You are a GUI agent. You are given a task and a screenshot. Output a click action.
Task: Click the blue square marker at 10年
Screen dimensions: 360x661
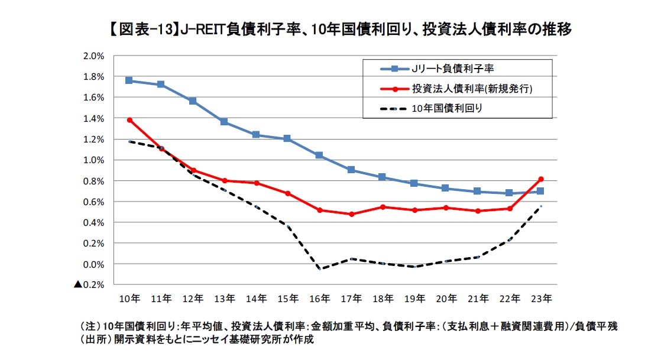pyautogui.click(x=129, y=80)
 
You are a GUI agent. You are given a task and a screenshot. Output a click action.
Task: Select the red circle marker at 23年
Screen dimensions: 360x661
pyautogui.click(x=540, y=179)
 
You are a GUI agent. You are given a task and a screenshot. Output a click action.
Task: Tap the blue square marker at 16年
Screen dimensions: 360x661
pyautogui.click(x=319, y=155)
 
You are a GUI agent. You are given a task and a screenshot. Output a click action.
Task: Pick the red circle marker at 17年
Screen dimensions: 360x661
pyautogui.click(x=351, y=214)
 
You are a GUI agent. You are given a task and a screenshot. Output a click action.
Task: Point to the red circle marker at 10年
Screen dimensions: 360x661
pyautogui.click(x=129, y=120)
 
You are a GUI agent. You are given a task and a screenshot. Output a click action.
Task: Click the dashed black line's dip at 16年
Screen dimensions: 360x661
pyautogui.click(x=319, y=268)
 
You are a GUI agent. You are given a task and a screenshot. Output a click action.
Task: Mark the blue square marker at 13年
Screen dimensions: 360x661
pyautogui.click(x=224, y=121)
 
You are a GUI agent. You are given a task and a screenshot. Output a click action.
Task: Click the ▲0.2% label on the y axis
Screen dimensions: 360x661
pyautogui.click(x=89, y=284)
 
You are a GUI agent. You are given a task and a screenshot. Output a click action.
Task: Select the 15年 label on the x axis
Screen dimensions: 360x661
pyautogui.click(x=288, y=299)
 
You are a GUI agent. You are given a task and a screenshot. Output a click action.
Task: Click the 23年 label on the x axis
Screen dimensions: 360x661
pyautogui.click(x=542, y=299)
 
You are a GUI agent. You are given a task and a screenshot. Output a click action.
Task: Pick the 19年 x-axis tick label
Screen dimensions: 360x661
pyautogui.click(x=414, y=299)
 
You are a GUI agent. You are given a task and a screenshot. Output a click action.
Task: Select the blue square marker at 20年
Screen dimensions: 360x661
pyautogui.click(x=446, y=188)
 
